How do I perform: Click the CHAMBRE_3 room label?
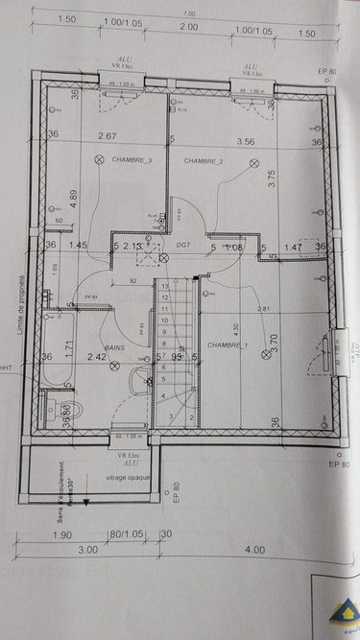click(x=133, y=160)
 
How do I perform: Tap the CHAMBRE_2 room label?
click(x=204, y=160)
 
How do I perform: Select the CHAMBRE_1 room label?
click(x=227, y=345)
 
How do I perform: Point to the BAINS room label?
click(x=116, y=347)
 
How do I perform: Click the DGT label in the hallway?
click(x=184, y=245)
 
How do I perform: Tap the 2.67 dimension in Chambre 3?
click(x=108, y=137)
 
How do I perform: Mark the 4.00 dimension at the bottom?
click(x=253, y=550)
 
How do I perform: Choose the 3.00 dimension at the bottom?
click(x=87, y=550)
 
